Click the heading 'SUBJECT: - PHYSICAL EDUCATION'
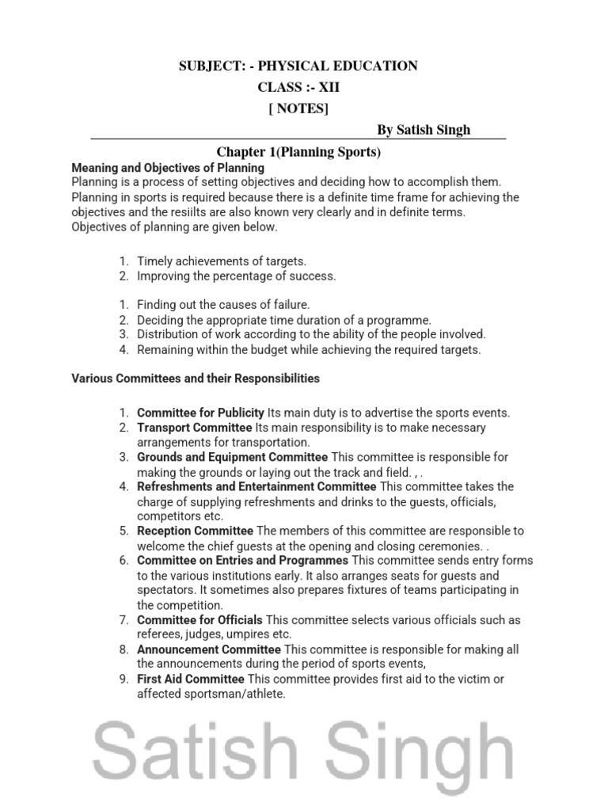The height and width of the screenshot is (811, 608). click(x=298, y=67)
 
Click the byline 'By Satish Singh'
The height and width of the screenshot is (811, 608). click(x=429, y=130)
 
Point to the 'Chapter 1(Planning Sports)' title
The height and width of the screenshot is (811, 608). click(x=299, y=151)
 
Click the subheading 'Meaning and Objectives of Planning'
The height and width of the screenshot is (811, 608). click(x=168, y=168)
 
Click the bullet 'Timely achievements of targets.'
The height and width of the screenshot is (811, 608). click(x=221, y=261)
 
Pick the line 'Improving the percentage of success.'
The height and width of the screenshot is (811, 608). click(x=236, y=276)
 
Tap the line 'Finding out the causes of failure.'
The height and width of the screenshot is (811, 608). click(x=223, y=305)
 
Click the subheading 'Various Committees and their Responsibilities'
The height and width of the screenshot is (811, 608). click(x=196, y=379)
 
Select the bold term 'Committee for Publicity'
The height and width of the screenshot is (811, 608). click(x=200, y=413)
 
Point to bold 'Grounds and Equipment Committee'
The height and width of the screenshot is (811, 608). click(x=232, y=457)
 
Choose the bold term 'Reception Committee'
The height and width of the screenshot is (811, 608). click(x=195, y=531)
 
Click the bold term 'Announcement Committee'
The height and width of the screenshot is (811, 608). click(x=203, y=649)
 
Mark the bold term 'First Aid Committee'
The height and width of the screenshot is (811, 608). click(x=191, y=679)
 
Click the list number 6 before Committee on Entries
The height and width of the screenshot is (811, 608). click(x=123, y=561)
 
